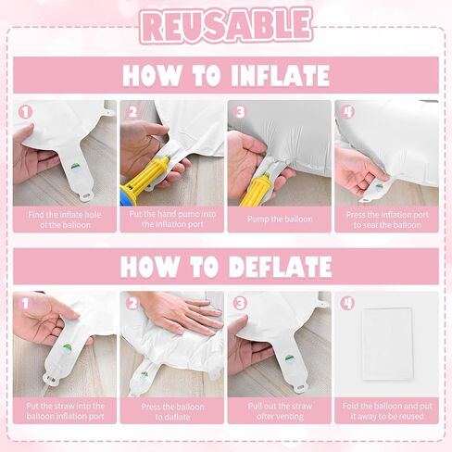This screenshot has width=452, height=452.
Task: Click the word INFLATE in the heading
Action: pos(280,75)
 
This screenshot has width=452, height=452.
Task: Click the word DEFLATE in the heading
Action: pos(281,267)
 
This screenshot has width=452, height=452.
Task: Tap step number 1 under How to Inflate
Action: pos(25,112)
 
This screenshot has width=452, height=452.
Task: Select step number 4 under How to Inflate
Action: pos(347,112)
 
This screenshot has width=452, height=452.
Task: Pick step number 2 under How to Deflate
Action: pos(132,304)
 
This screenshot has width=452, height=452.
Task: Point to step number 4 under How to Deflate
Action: pos(347,304)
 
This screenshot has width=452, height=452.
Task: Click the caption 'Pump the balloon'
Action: pos(280,220)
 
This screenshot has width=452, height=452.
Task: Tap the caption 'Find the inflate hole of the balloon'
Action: pos(65,220)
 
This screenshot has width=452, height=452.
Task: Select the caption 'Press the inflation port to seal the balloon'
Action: pos(387,220)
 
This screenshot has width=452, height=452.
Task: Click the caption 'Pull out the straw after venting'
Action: pos(280,411)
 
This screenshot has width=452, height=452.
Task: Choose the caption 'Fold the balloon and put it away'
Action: pos(387,411)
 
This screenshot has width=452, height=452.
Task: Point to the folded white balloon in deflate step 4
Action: pos(387,344)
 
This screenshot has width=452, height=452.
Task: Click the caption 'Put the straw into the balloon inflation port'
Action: pos(65,411)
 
